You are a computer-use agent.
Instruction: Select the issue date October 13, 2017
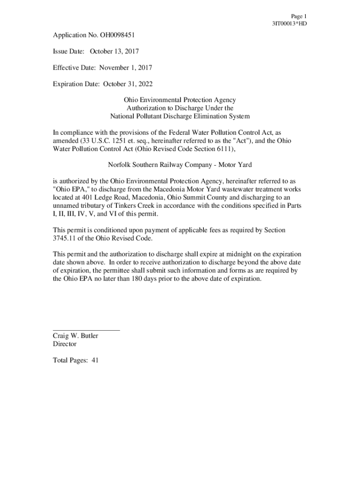click(x=114, y=51)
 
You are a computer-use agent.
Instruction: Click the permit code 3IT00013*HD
click(x=289, y=23)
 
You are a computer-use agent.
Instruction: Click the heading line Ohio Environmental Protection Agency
click(x=180, y=100)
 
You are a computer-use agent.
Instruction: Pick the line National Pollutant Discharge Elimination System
click(x=180, y=116)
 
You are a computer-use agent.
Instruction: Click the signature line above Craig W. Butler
click(x=86, y=330)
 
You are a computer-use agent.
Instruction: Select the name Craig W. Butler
click(x=75, y=336)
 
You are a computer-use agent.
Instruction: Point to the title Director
click(x=65, y=344)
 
